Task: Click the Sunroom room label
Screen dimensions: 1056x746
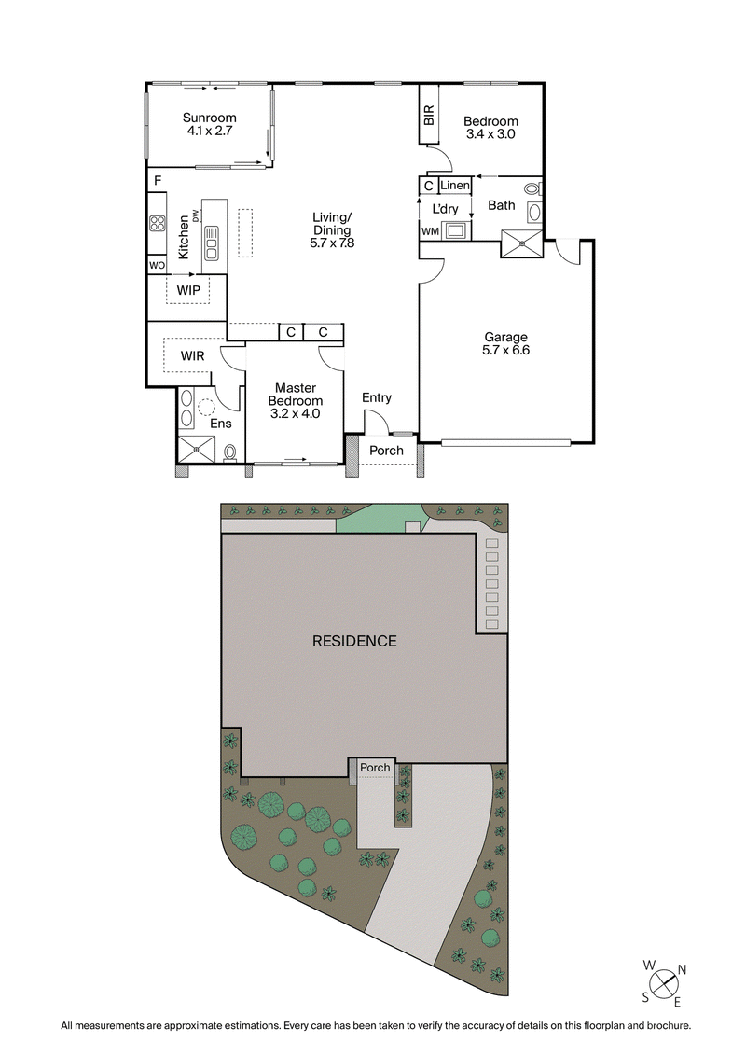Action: coord(209,118)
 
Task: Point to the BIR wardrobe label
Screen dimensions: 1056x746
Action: coord(429,116)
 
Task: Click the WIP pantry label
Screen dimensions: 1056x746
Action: coord(188,290)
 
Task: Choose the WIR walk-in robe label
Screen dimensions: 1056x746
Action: coord(193,355)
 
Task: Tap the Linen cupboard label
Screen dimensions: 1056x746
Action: coord(455,186)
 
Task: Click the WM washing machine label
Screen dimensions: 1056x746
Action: coord(429,230)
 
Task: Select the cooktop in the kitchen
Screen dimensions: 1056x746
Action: coord(158,223)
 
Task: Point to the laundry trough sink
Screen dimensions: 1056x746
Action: coord(457,229)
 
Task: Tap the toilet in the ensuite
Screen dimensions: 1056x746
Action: coord(230,452)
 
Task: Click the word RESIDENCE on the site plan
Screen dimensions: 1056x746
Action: coord(354,641)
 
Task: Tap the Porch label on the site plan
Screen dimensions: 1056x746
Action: coord(375,768)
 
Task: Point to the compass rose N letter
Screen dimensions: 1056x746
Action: coord(682,970)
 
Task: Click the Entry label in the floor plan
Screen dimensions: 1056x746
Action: coord(377,397)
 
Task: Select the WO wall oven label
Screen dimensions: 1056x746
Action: coord(157,265)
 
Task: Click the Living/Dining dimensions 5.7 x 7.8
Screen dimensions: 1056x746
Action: coord(332,243)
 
